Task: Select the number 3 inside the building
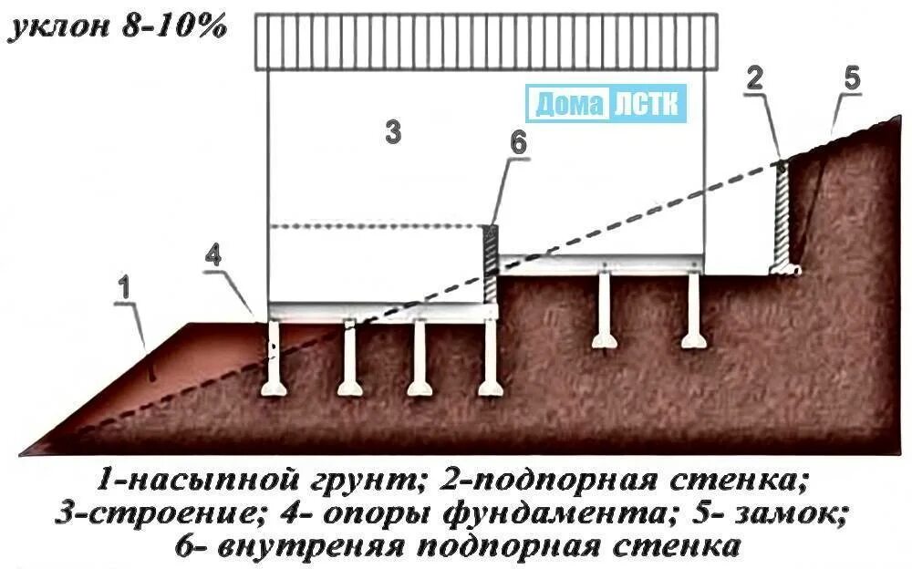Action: pyautogui.click(x=392, y=132)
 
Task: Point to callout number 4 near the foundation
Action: pyautogui.click(x=212, y=256)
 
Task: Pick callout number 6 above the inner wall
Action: pyautogui.click(x=518, y=143)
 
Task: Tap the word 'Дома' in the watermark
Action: pyautogui.click(x=565, y=104)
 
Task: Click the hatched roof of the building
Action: pyautogui.click(x=485, y=42)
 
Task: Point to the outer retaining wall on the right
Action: pyautogui.click(x=782, y=219)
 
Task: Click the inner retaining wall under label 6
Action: pyautogui.click(x=490, y=260)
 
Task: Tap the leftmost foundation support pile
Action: pyautogui.click(x=274, y=360)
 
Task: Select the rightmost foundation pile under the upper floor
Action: pyautogui.click(x=692, y=310)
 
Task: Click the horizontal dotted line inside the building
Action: pyautogui.click(x=374, y=225)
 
